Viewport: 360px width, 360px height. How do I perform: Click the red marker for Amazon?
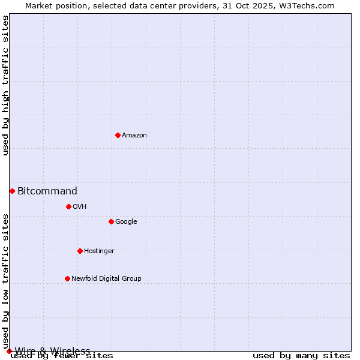[x=118, y=135]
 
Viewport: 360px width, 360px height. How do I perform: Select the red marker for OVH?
[x=68, y=206]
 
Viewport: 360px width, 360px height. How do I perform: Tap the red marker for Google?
[x=111, y=221]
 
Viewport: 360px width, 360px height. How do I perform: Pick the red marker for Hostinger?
[x=80, y=251]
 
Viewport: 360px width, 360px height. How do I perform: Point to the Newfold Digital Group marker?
[x=67, y=278]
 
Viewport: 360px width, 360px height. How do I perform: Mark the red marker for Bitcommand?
[x=12, y=191]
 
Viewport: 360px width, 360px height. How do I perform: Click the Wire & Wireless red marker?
[x=9, y=351]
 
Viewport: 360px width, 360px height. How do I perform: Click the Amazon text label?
[x=134, y=136]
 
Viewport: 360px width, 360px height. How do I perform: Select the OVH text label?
[x=80, y=207]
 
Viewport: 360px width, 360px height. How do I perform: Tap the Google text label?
[x=126, y=222]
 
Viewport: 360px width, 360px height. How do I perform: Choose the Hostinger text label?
[x=99, y=251]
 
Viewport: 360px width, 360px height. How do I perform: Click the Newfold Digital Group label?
[x=106, y=279]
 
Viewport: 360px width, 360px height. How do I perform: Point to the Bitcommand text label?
[x=47, y=191]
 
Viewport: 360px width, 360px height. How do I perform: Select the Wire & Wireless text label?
[x=53, y=351]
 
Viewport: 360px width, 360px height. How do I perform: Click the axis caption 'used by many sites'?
[x=301, y=356]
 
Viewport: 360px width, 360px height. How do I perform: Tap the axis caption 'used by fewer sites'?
[x=62, y=356]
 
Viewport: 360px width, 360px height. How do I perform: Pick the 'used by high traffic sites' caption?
[x=6, y=85]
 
